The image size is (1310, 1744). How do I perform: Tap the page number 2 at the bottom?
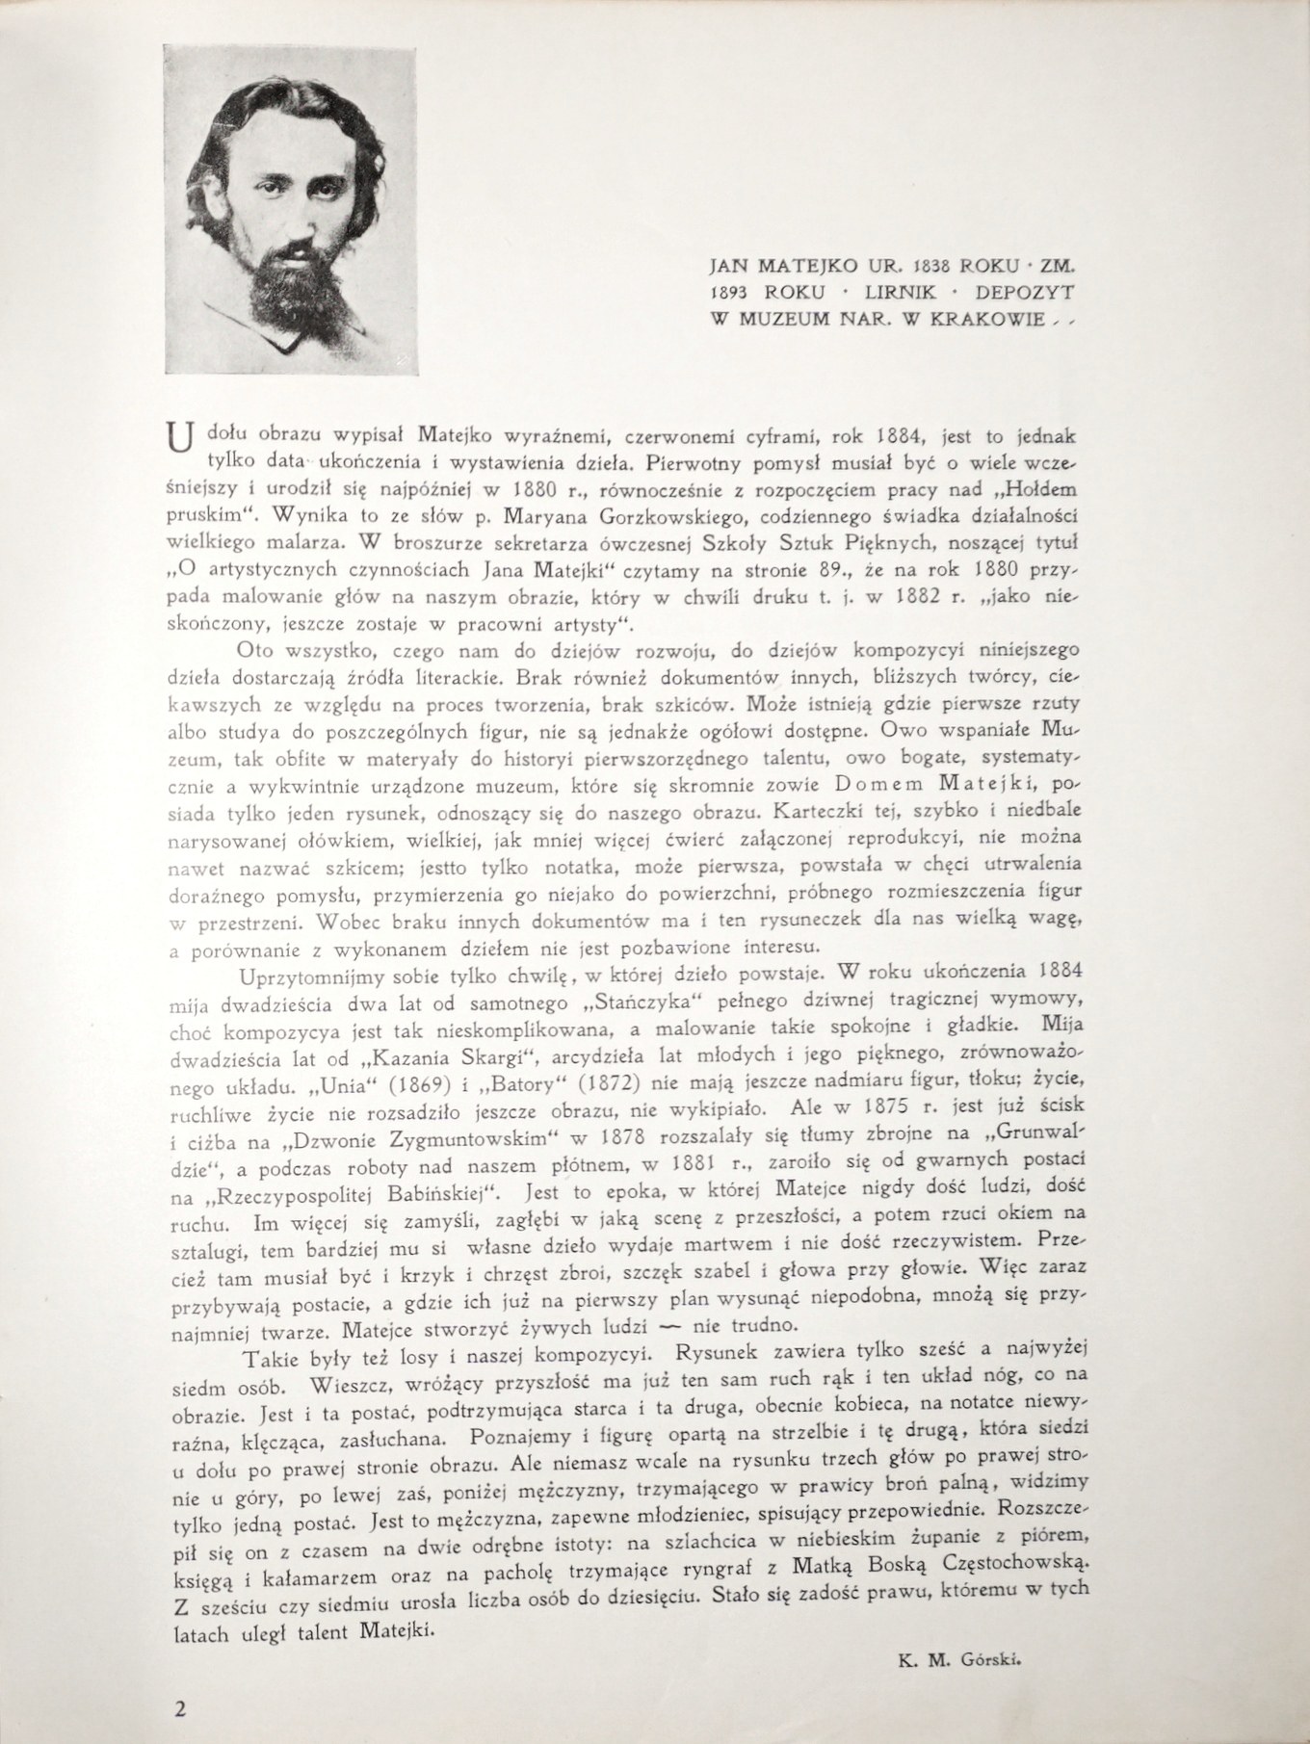pos(179,1710)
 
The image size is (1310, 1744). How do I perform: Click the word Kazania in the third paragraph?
pos(432,1054)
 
